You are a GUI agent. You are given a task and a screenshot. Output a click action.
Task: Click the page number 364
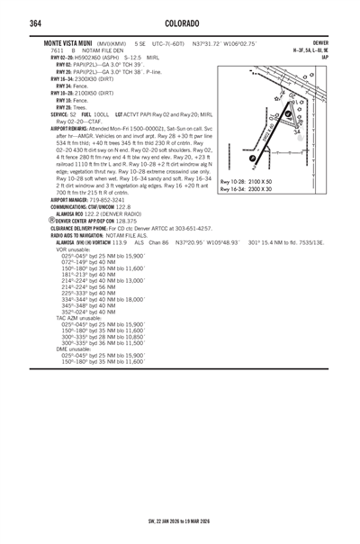(40, 23)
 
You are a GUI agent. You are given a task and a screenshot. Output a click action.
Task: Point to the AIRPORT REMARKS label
(75, 129)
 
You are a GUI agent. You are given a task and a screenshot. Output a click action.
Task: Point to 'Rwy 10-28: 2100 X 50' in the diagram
(247, 182)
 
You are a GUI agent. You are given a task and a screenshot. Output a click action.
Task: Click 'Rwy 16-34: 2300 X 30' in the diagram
(247, 189)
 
